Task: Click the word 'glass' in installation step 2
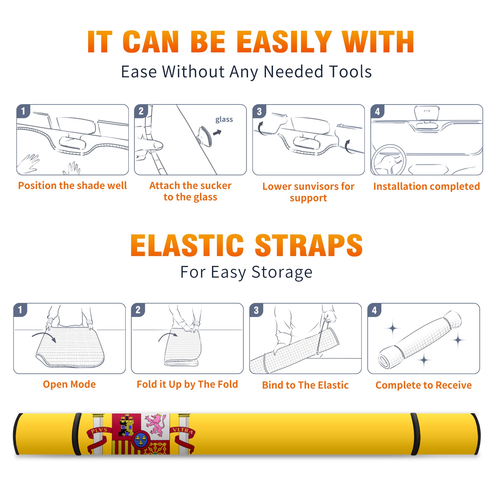pos(224,120)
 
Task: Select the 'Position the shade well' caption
pos(72,185)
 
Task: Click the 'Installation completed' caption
pos(426,186)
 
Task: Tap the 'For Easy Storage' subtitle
pos(246,272)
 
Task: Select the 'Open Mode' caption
pos(69,384)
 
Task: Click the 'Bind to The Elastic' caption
pos(305,385)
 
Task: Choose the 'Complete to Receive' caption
pos(424,385)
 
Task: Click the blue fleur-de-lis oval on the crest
pos(141,440)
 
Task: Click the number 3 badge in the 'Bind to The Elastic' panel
pos(256,310)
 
